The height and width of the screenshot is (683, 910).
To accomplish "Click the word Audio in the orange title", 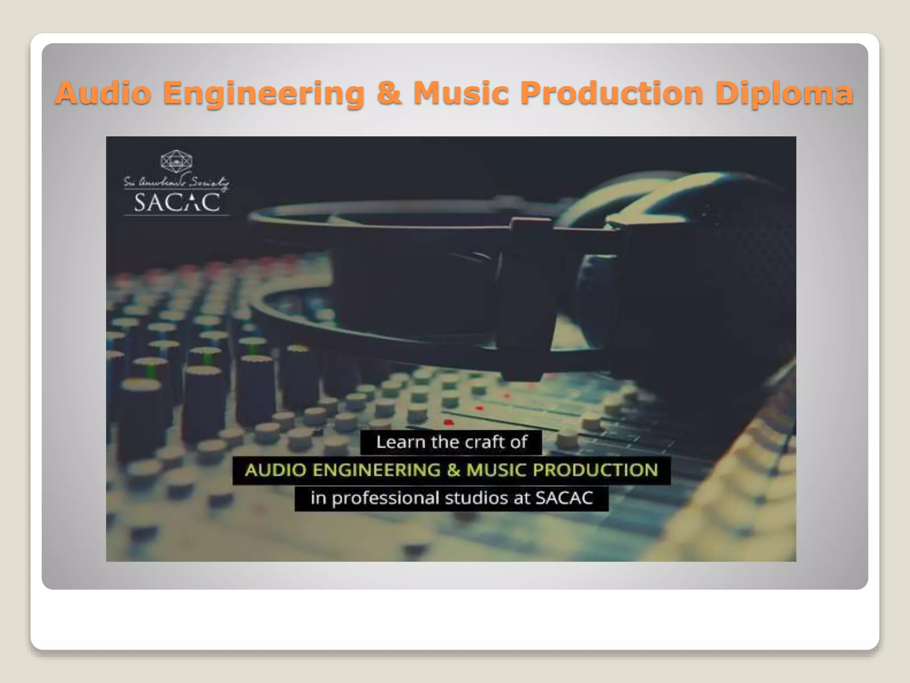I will coord(104,93).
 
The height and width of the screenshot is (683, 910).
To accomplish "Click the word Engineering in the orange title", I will coord(264,94).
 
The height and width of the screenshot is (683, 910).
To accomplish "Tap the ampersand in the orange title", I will coord(389,93).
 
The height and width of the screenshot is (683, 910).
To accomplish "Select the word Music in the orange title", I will coord(461,93).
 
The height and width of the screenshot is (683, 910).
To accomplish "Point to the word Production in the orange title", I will coord(612,93).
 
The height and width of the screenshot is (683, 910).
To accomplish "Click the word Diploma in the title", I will coord(784,94).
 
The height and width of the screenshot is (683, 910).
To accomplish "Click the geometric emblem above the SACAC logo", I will coord(176,162).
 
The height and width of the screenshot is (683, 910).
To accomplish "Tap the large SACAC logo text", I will coord(177,202).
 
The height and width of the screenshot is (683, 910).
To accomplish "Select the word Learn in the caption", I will coord(401,442).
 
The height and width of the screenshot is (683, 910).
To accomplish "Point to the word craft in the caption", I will coord(482,442).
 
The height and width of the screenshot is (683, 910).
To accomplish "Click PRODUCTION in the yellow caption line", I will coord(595,470).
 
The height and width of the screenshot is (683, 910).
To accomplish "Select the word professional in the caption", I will coord(385,498).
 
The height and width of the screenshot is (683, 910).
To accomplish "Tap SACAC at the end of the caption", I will coord(564,498).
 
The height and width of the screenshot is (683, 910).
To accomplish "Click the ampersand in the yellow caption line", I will coord(454,470).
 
